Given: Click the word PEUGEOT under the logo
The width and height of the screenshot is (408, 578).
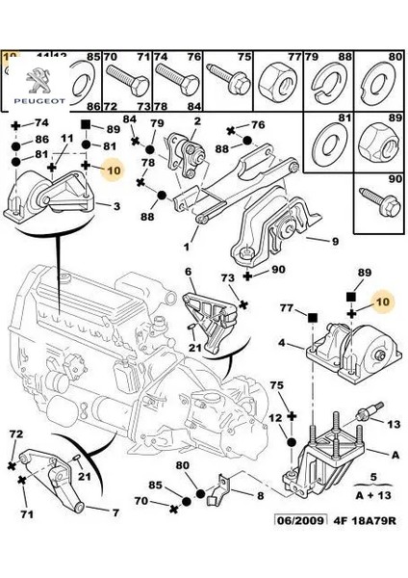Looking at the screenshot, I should (35, 95).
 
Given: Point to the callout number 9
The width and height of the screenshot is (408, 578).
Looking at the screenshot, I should (335, 242).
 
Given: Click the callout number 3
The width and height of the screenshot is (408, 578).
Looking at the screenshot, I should (116, 206).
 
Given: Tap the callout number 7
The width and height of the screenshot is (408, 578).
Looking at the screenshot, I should (115, 512).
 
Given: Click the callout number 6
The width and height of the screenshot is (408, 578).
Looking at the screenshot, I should (190, 272).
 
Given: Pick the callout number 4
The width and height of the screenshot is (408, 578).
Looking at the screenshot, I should (281, 341).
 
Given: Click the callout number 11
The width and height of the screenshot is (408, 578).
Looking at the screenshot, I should (67, 139).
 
